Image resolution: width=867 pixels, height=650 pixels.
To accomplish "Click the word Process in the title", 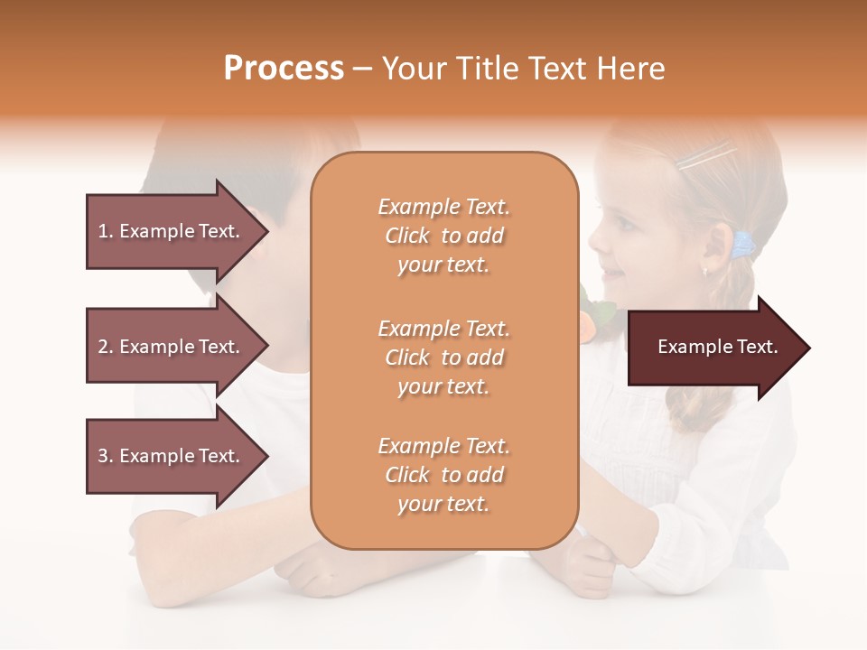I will click(284, 69).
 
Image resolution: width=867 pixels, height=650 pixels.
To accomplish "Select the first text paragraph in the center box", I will click(443, 236).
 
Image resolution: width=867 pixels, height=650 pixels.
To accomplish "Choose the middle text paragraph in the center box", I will click(443, 357).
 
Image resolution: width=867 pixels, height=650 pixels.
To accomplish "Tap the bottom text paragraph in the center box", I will click(443, 475).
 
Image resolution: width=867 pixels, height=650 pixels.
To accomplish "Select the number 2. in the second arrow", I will click(106, 347).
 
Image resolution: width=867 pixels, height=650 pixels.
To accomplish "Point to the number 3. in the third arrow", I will click(106, 456).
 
